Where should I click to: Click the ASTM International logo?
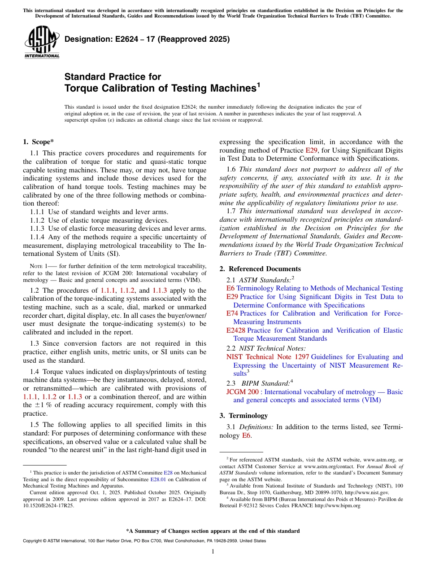pos(41,42)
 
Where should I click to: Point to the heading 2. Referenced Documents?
pos(260,269)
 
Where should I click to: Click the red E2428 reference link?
pos(236,330)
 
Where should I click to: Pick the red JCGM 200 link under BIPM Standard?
pos(242,392)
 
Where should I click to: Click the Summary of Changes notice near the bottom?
pos(213,531)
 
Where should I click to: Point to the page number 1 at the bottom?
pos(213,552)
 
